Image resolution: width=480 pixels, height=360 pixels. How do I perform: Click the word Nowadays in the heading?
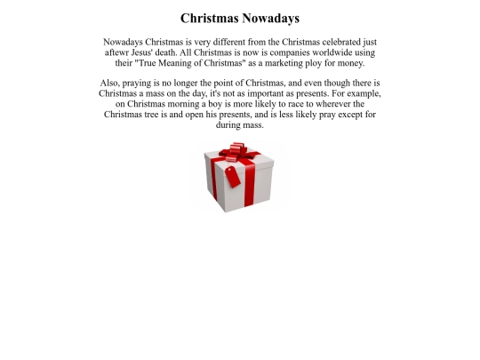click(x=269, y=18)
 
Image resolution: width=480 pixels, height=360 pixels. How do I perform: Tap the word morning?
click(x=188, y=104)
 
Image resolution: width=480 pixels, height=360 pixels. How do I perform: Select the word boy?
click(x=222, y=104)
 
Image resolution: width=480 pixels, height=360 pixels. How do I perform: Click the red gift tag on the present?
click(x=232, y=176)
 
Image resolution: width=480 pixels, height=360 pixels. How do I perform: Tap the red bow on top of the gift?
click(x=237, y=149)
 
